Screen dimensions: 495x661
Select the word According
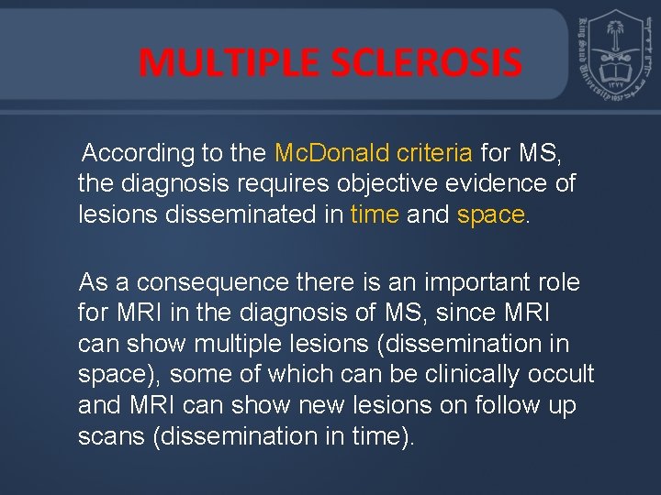tap(137, 152)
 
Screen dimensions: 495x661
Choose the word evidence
tap(504, 183)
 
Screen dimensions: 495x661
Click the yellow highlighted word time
tap(375, 214)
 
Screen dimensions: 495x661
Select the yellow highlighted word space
tap(489, 214)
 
